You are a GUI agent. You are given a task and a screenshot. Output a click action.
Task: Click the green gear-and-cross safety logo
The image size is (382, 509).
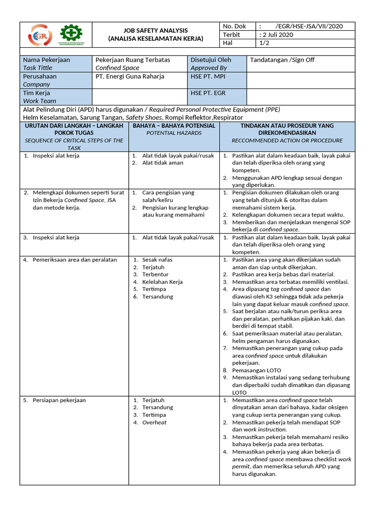click(x=72, y=35)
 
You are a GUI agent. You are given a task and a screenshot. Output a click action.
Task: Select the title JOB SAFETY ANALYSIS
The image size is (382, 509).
click(x=156, y=30)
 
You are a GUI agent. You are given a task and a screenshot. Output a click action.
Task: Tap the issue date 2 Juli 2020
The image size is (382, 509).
click(x=277, y=35)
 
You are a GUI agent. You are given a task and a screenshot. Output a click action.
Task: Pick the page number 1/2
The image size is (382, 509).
click(x=265, y=43)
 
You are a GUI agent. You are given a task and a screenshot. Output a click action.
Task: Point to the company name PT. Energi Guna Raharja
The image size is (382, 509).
click(x=130, y=77)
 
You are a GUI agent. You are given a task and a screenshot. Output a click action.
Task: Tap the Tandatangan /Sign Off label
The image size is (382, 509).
click(x=282, y=60)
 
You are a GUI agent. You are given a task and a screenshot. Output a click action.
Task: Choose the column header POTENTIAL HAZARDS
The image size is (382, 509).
click(x=174, y=133)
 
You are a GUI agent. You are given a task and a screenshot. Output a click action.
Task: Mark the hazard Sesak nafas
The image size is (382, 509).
click(x=158, y=259)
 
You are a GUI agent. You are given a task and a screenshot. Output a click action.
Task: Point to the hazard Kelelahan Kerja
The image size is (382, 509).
click(x=162, y=282)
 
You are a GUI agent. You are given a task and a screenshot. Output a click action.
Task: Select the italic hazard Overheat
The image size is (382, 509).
click(x=154, y=423)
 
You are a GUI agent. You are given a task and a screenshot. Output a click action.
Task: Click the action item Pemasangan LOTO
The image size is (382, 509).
click(x=257, y=370)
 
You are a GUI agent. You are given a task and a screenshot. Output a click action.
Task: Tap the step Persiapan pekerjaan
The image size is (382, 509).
click(x=59, y=400)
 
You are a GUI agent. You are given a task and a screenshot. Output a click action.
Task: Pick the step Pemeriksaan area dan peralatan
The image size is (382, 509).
click(x=75, y=259)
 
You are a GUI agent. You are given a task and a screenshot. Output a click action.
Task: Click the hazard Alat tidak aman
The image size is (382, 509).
click(x=163, y=163)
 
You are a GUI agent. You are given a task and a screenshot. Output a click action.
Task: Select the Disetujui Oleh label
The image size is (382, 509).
click(x=211, y=60)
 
